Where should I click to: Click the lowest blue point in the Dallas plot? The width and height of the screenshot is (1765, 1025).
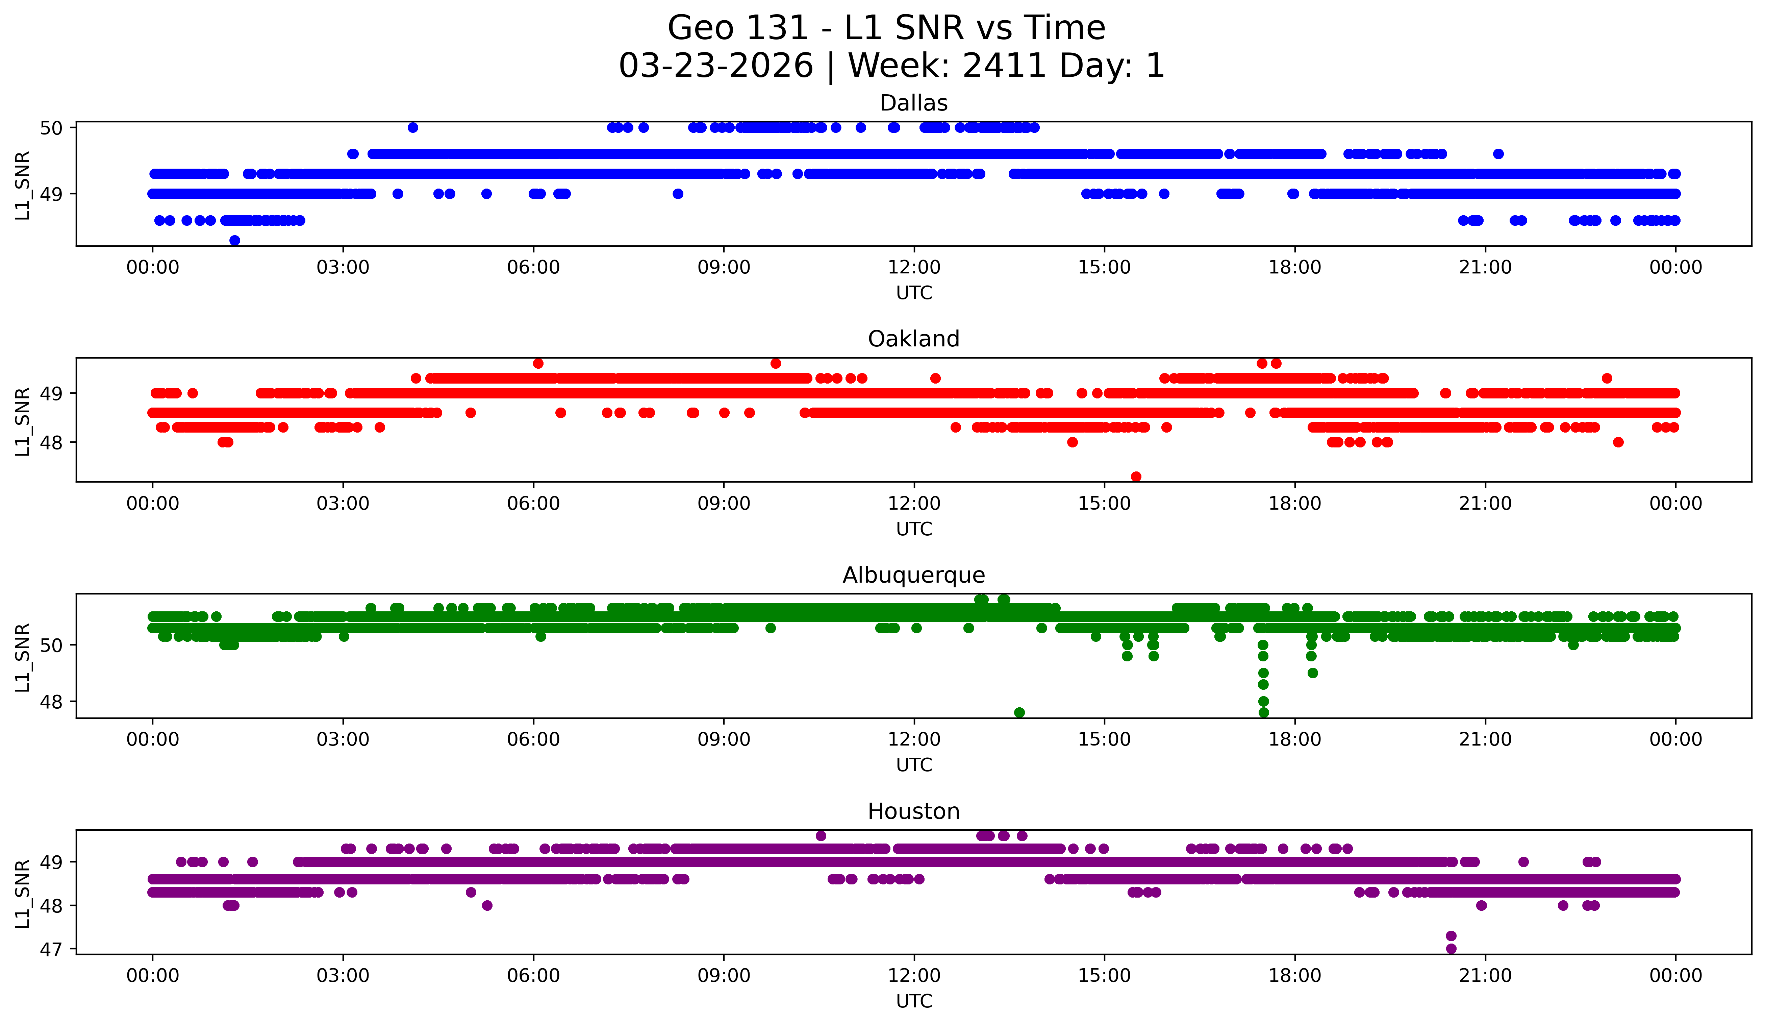(x=235, y=240)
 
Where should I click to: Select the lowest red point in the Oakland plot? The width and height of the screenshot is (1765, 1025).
(x=1136, y=477)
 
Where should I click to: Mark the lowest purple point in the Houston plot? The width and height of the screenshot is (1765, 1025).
(x=1451, y=949)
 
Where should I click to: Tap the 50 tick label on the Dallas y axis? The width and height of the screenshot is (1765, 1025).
(x=51, y=127)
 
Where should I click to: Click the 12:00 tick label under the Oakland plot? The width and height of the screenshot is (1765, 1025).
(x=914, y=503)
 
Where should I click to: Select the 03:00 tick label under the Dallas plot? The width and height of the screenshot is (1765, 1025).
(x=343, y=267)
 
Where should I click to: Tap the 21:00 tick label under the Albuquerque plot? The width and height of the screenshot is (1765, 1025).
(x=1485, y=739)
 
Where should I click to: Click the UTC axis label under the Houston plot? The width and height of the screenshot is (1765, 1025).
(x=914, y=1001)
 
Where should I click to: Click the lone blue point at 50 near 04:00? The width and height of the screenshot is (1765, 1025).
(x=413, y=127)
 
